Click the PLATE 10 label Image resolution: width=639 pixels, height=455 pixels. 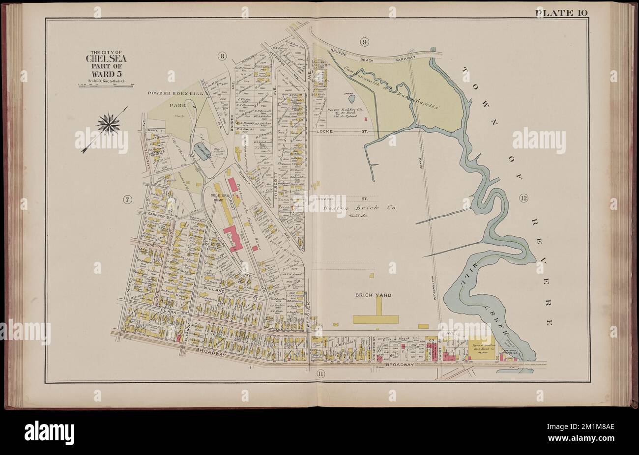[561, 13]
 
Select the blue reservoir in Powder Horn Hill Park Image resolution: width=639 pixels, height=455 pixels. [201, 153]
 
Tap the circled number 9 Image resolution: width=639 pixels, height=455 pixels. [364, 42]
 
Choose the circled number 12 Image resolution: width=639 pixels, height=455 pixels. [522, 198]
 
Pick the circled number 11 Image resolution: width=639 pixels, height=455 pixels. [320, 374]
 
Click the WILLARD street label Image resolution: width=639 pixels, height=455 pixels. [214, 291]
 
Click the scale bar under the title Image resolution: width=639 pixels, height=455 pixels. [106, 85]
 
